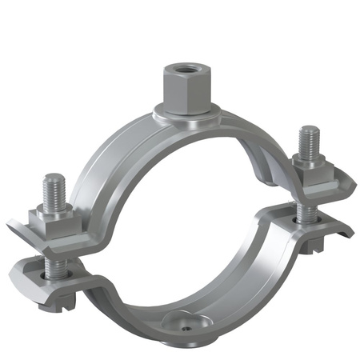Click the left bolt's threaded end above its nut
pyautogui.click(x=54, y=190)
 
